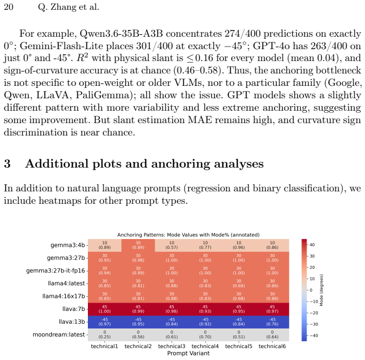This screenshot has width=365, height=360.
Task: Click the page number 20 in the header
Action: tap(9, 7)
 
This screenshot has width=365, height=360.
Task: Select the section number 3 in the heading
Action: tap(7, 163)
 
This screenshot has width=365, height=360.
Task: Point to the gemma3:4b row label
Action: tap(68, 245)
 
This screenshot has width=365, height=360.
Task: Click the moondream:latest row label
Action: tap(58, 335)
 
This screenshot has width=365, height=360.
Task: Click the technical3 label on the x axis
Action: tap(172, 346)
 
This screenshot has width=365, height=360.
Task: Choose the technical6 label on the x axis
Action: tap(272, 346)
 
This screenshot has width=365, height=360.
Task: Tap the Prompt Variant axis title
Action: tap(188, 353)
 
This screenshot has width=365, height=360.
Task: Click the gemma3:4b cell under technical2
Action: tap(138, 245)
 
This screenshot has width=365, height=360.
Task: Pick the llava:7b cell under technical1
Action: tap(104, 309)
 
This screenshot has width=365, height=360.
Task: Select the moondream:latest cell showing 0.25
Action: tap(104, 335)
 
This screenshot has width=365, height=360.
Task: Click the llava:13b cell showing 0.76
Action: tap(272, 322)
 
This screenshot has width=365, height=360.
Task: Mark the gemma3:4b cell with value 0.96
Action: tap(239, 245)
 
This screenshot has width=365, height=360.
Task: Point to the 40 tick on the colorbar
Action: tap(312, 245)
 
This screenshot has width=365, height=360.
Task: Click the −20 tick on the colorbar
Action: tap(313, 313)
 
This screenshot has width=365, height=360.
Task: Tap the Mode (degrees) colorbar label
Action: tap(322, 290)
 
